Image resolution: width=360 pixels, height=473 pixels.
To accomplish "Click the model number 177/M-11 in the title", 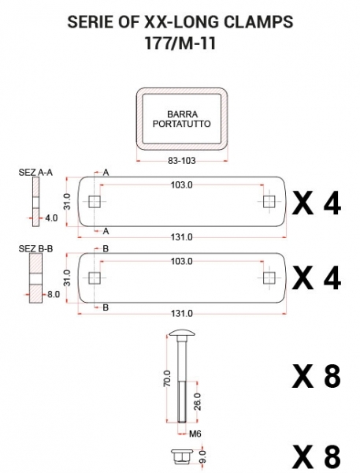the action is click(x=180, y=43).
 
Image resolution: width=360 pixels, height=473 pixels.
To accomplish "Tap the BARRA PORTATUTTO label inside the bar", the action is click(x=181, y=119).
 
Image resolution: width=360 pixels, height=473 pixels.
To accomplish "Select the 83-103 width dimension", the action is click(x=181, y=161).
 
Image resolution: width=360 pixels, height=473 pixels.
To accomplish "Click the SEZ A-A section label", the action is click(x=35, y=172).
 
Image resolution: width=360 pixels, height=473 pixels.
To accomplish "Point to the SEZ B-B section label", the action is click(x=35, y=249).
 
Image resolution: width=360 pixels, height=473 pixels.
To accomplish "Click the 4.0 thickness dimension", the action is click(x=51, y=218).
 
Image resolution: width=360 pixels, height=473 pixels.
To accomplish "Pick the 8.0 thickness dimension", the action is click(x=53, y=294).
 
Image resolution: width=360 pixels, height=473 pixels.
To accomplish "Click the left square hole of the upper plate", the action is click(x=95, y=202).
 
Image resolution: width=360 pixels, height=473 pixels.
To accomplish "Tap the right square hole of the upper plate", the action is click(x=269, y=202).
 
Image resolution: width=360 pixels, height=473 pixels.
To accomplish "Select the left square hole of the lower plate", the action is click(x=95, y=278).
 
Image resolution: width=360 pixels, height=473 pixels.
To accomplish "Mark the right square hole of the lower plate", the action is click(x=269, y=278).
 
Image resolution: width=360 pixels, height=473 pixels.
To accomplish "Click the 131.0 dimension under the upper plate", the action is click(x=181, y=237).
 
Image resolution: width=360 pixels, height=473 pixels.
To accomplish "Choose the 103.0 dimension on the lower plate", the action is click(x=181, y=261).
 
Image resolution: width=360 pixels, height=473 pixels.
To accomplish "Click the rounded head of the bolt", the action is click(x=182, y=333).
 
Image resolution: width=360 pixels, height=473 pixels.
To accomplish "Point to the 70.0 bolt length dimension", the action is click(x=168, y=378).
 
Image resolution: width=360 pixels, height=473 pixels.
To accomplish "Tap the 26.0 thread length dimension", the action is click(x=198, y=402).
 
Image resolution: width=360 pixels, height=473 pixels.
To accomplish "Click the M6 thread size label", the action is click(x=195, y=434).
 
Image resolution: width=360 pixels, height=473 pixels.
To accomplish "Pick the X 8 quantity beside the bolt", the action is click(x=317, y=376).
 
